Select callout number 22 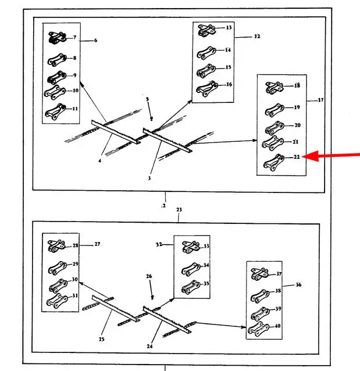pos(297,157)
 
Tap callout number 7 pos(74,38)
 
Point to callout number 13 pos(229,28)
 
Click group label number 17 pos(320,100)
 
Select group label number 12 pos(256,37)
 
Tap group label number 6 pos(95,40)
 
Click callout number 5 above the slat pos(148,100)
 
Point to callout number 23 pos(179,209)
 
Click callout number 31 pos(75,295)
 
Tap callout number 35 pos(206,284)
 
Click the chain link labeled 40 pos(256,329)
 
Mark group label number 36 pos(298,285)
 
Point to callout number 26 pos(149,276)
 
